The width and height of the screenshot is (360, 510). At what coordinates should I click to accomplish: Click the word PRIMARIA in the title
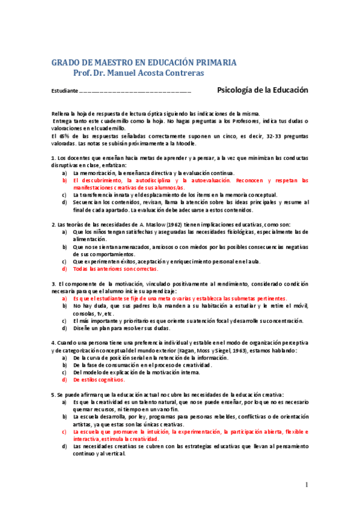[x=213, y=63]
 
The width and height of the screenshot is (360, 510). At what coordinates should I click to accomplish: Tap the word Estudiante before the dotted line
[x=64, y=91]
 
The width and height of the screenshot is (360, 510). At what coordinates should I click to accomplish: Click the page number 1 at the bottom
[x=306, y=485]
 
